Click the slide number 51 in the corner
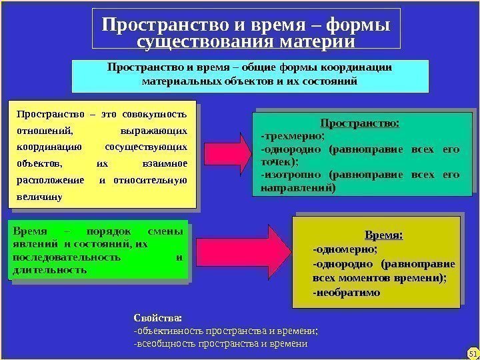[472, 353]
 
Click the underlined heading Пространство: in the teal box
[360, 123]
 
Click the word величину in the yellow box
[39, 198]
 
